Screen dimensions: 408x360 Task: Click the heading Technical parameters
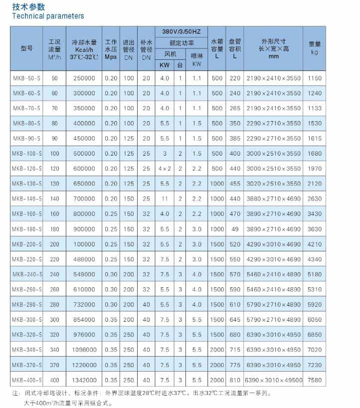click(x=41, y=16)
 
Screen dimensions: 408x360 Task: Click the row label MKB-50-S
click(x=27, y=78)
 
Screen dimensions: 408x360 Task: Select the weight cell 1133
click(x=314, y=108)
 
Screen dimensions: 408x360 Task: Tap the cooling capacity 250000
click(x=83, y=78)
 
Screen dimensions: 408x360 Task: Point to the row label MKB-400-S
click(x=27, y=380)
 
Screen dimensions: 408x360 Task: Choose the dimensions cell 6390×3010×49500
click(x=273, y=380)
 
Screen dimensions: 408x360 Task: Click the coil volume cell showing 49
click(x=234, y=229)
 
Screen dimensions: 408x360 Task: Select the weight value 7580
click(x=314, y=380)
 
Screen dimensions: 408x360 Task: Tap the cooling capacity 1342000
click(x=83, y=380)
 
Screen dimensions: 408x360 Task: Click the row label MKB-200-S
click(x=27, y=244)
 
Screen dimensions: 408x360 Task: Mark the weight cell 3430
click(x=314, y=214)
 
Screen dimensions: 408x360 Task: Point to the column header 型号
click(x=27, y=49)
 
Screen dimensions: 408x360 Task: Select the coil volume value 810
click(x=234, y=380)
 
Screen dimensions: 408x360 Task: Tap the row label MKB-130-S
click(x=27, y=184)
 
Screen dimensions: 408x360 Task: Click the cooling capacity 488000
click(x=83, y=259)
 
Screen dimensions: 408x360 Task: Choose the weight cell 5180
click(x=314, y=275)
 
